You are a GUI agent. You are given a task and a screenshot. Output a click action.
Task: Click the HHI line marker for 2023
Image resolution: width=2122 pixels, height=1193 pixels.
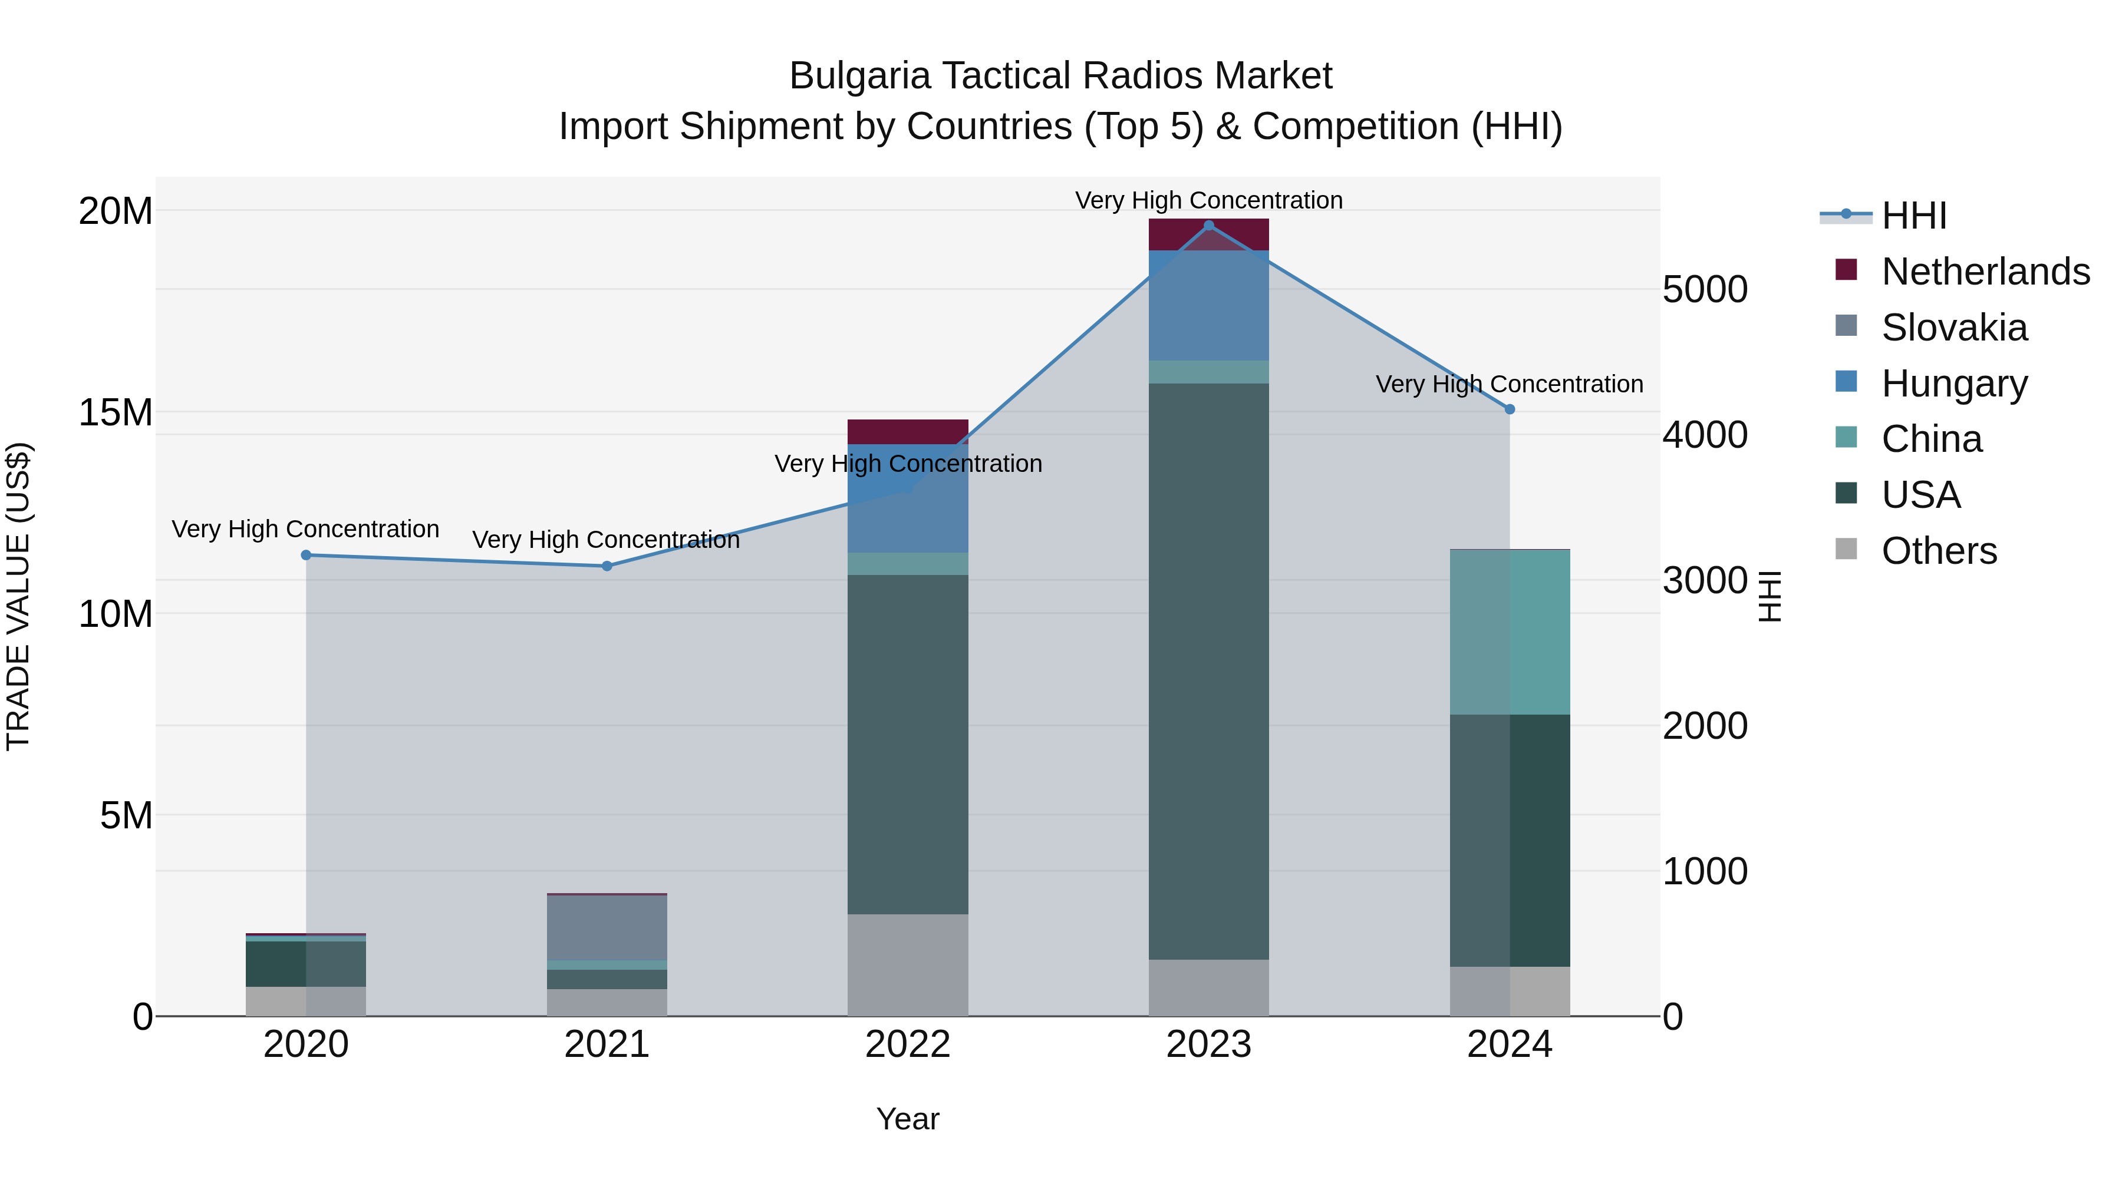click(1208, 226)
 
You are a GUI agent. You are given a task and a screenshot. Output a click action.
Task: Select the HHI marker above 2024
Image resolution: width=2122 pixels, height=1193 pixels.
click(1509, 409)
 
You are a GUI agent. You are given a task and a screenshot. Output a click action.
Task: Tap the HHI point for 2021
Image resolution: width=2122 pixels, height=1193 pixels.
click(607, 566)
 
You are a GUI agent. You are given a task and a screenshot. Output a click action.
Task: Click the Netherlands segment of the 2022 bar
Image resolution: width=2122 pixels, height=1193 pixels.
click(908, 431)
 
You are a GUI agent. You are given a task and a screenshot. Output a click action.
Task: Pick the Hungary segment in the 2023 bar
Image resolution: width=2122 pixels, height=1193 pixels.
click(1208, 305)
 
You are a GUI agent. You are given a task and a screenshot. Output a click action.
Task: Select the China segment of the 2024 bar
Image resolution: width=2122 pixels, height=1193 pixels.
click(1509, 632)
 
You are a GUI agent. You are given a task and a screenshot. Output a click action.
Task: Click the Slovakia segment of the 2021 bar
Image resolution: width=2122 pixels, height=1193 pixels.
click(607, 927)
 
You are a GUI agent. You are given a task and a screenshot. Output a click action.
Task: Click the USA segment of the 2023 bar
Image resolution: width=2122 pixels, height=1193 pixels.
click(1208, 671)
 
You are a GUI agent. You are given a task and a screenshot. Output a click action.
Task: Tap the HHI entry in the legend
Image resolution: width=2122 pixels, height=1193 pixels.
click(1913, 216)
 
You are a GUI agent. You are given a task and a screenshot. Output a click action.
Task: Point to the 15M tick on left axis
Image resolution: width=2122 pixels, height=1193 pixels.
click(116, 412)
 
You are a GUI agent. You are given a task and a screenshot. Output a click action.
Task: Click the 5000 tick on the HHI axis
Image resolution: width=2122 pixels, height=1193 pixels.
click(1704, 290)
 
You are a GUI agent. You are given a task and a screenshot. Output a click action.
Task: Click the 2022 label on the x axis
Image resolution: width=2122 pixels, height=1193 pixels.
click(908, 1045)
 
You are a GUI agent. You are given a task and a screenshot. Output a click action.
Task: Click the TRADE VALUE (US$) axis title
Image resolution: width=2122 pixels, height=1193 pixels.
click(18, 596)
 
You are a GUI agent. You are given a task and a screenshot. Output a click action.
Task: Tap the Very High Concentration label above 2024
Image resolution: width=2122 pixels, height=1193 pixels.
click(1509, 385)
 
